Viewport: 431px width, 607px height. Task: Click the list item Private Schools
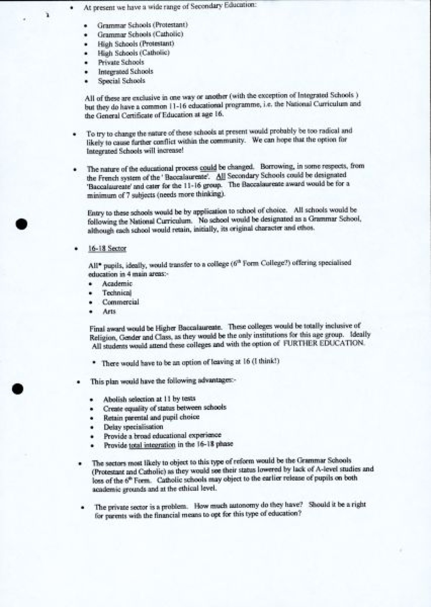[x=121, y=62]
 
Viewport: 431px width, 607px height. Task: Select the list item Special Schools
[x=121, y=81]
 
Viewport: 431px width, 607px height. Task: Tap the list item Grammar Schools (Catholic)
[x=140, y=34]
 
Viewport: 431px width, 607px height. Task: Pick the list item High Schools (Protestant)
[x=136, y=44]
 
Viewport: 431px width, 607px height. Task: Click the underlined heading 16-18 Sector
[x=107, y=248]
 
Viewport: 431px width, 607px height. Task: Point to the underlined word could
[x=208, y=168]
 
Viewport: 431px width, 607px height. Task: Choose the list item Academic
[x=117, y=284]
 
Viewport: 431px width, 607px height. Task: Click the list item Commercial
[x=120, y=302]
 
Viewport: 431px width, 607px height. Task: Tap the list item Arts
[x=109, y=311]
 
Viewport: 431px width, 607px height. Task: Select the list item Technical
[x=117, y=293]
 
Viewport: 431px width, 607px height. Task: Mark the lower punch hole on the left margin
[x=17, y=389]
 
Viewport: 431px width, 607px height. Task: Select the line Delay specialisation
[x=133, y=427]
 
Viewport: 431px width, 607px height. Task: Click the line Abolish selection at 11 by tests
[x=149, y=399]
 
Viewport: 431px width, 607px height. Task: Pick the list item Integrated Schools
[x=125, y=71]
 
